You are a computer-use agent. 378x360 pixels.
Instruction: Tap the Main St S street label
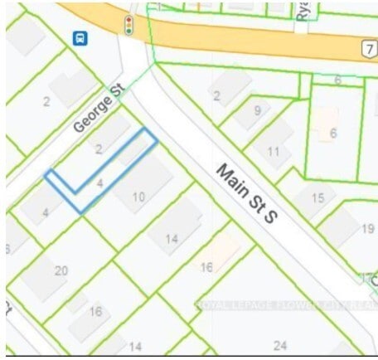245,193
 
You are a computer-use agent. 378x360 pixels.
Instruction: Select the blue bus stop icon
80,38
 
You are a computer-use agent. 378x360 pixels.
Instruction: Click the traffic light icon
129,25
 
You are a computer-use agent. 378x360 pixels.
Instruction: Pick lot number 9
258,110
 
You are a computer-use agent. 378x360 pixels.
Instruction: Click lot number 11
274,151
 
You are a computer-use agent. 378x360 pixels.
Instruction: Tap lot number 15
317,198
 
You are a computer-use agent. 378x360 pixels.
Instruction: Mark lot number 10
138,197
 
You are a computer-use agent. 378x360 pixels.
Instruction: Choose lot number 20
61,270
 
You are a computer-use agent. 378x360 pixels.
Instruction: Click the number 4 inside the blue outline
99,178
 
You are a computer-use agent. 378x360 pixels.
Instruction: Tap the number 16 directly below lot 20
96,312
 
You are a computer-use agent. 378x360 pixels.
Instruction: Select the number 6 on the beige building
332,134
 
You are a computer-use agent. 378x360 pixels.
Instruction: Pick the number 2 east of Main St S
216,96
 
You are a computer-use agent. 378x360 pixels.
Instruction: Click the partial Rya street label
302,12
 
